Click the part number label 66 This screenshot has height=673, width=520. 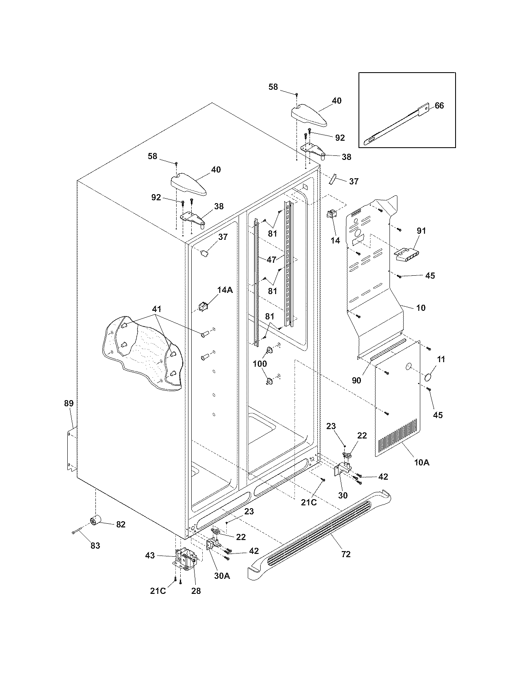point(439,106)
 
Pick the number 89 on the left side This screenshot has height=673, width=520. point(69,403)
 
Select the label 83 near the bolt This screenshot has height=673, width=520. point(95,546)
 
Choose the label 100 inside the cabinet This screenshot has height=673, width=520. point(260,363)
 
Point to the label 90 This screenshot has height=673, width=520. point(356,380)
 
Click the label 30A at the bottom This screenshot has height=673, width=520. point(222,576)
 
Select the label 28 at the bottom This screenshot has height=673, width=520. point(196,591)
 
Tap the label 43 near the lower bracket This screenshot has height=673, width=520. point(150,555)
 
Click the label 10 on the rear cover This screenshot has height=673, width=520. point(420,308)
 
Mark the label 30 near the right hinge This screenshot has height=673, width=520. point(343,495)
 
